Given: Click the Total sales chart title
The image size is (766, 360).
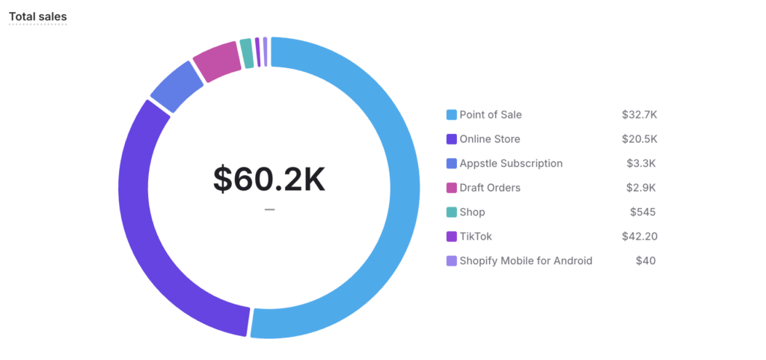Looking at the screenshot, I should [37, 16].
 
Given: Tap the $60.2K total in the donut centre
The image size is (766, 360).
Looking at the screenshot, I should [269, 179].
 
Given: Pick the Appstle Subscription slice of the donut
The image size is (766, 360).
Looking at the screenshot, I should [177, 87].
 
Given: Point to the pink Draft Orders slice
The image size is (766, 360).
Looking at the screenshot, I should [217, 60].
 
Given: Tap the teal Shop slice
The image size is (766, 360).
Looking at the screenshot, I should [246, 52].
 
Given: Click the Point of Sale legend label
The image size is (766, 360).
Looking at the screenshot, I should [491, 115].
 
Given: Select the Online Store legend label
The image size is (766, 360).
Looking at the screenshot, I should [490, 139].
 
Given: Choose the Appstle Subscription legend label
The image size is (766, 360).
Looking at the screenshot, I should [511, 163].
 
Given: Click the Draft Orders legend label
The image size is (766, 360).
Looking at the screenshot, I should [490, 188].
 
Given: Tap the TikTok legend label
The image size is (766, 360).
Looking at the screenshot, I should [476, 237].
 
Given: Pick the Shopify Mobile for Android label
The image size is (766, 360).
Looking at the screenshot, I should [526, 260].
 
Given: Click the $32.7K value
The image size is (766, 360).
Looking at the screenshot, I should [639, 115].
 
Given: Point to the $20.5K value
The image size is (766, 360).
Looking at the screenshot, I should [639, 139].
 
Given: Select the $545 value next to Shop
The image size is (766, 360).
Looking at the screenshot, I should [643, 212].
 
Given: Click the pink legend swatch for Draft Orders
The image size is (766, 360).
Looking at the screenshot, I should [451, 188].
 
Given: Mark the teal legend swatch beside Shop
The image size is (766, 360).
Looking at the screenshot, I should [451, 212].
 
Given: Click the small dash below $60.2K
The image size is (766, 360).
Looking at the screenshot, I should [269, 210].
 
